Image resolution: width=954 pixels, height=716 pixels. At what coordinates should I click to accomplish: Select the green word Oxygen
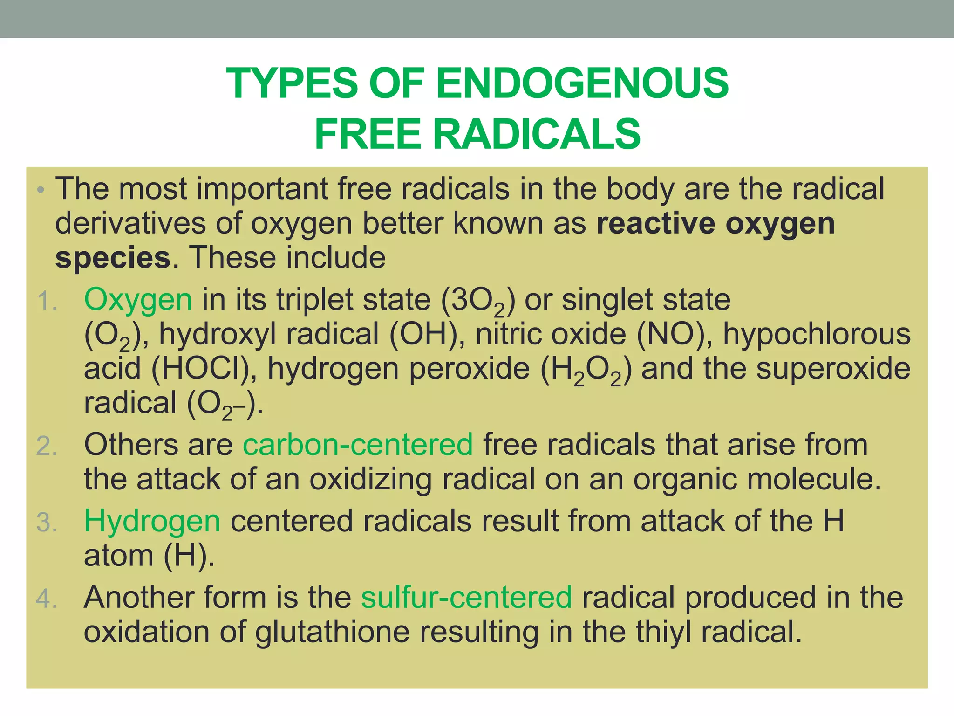138,300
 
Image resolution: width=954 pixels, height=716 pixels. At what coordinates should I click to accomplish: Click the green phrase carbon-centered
358,444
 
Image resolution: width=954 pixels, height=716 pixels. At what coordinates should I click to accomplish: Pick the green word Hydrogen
152,521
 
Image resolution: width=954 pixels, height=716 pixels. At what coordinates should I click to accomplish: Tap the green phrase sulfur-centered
466,597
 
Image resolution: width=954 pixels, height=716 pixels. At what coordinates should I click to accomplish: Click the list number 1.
47,301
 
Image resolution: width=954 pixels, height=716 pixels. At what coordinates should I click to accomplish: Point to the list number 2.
47,446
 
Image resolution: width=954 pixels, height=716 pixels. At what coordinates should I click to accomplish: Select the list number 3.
47,522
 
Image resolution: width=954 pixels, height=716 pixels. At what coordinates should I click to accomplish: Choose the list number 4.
47,599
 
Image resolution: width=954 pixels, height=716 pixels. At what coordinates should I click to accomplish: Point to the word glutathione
333,632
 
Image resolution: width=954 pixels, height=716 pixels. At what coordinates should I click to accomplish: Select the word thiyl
663,632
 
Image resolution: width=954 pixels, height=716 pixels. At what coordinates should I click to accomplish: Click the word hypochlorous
817,334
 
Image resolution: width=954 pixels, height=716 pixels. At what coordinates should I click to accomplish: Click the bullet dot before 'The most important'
41,191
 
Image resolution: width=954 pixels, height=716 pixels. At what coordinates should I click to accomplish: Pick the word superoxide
833,369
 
